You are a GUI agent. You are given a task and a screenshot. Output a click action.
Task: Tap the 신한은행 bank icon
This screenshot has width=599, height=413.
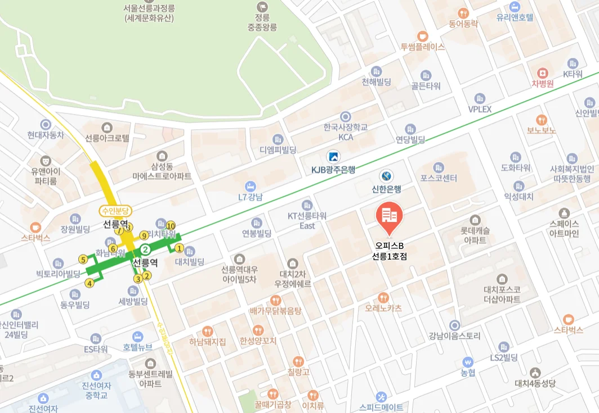[x=386, y=176]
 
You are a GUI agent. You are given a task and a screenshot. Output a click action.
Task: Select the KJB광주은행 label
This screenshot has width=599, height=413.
[x=333, y=169]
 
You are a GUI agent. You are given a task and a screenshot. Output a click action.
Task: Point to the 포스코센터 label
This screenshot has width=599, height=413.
[x=439, y=178]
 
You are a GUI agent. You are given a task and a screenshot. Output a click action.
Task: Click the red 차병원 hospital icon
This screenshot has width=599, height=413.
[x=543, y=73]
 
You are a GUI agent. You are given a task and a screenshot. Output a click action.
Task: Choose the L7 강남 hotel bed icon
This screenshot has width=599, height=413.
[x=251, y=186]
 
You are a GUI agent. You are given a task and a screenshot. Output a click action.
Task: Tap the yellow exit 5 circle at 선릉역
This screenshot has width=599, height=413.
[x=83, y=260]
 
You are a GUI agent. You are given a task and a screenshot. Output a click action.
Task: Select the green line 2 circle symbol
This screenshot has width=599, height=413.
[x=145, y=249]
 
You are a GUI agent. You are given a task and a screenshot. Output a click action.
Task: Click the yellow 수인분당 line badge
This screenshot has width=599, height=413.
[x=115, y=211]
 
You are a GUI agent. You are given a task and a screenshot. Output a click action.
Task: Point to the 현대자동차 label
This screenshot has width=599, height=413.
[x=46, y=135]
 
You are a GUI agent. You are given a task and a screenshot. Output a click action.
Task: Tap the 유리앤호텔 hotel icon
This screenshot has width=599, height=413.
[x=515, y=7]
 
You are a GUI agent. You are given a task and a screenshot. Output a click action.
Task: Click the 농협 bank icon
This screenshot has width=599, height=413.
[x=467, y=361]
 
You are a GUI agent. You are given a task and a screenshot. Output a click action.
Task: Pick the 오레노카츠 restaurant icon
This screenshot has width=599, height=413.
[x=383, y=297]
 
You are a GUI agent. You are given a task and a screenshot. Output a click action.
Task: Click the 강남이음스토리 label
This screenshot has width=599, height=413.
[x=454, y=336]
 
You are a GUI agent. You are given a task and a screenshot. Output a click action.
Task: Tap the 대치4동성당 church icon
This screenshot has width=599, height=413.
[x=535, y=373]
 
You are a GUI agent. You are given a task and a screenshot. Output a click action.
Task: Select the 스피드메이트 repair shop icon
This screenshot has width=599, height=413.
[x=381, y=397]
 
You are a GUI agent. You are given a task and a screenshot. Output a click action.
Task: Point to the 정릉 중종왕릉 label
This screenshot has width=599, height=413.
[x=262, y=22]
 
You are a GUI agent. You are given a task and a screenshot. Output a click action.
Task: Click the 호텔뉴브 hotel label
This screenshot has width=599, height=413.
[x=137, y=347]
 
